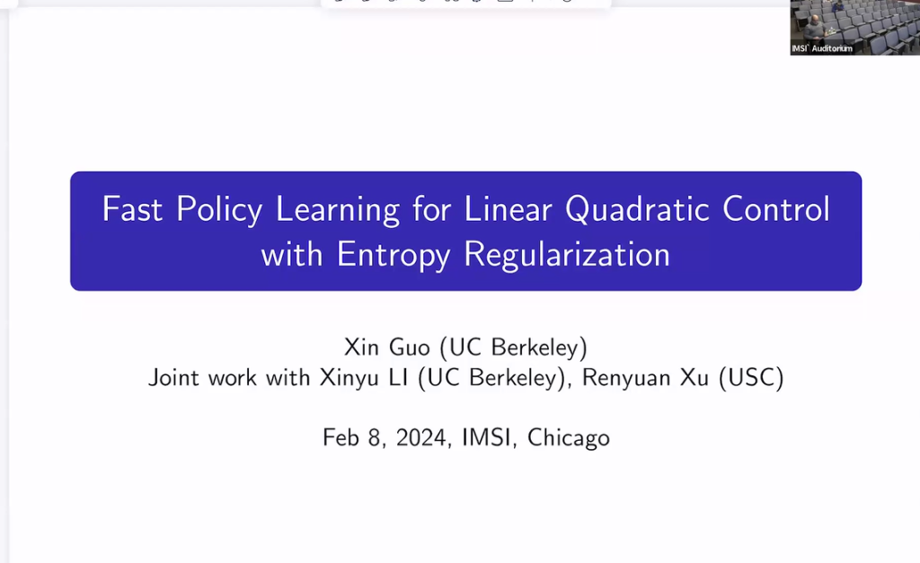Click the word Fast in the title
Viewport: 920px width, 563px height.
[133, 208]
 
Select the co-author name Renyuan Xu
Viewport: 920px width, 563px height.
[646, 378]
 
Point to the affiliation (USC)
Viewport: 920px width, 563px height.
[751, 378]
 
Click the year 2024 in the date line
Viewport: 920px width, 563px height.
[420, 438]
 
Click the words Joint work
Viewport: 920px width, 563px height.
[204, 378]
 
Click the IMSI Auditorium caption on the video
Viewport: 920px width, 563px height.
[821, 48]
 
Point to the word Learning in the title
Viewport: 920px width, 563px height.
[338, 209]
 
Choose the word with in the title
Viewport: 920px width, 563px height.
[292, 255]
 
